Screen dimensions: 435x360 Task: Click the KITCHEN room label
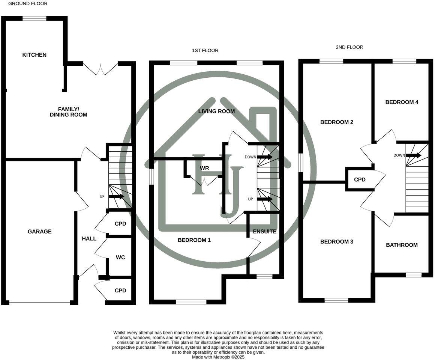(34, 55)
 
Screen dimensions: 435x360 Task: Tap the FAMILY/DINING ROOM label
(68, 112)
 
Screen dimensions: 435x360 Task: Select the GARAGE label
(39, 232)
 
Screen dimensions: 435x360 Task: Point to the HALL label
(89, 238)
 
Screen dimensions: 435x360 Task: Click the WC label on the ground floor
(120, 258)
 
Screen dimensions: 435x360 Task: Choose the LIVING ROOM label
(216, 111)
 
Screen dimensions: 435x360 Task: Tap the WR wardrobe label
(204, 168)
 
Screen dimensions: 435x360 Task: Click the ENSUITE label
(264, 231)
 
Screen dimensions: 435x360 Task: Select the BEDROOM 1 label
(194, 240)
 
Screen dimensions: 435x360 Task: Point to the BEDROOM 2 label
(337, 122)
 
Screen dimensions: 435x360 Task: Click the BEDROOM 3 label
(337, 242)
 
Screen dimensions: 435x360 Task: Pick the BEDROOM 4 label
(402, 102)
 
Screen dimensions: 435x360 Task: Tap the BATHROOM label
(402, 245)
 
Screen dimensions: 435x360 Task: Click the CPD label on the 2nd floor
(360, 180)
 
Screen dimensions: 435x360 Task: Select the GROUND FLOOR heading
(28, 3)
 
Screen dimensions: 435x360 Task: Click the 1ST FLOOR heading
(205, 50)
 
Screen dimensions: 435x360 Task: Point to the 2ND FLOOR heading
(349, 47)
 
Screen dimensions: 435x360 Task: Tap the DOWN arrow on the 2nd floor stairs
(414, 155)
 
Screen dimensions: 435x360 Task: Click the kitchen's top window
(34, 18)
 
